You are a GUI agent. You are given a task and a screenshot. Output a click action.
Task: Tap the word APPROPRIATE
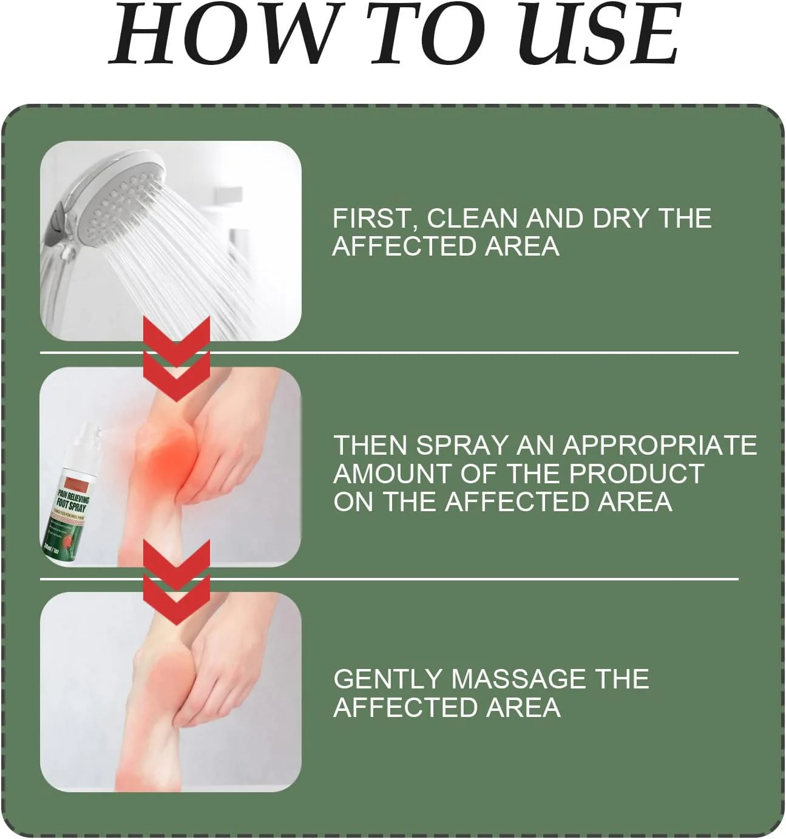click(660, 446)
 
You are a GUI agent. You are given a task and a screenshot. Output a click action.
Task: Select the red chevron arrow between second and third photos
click(177, 582)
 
